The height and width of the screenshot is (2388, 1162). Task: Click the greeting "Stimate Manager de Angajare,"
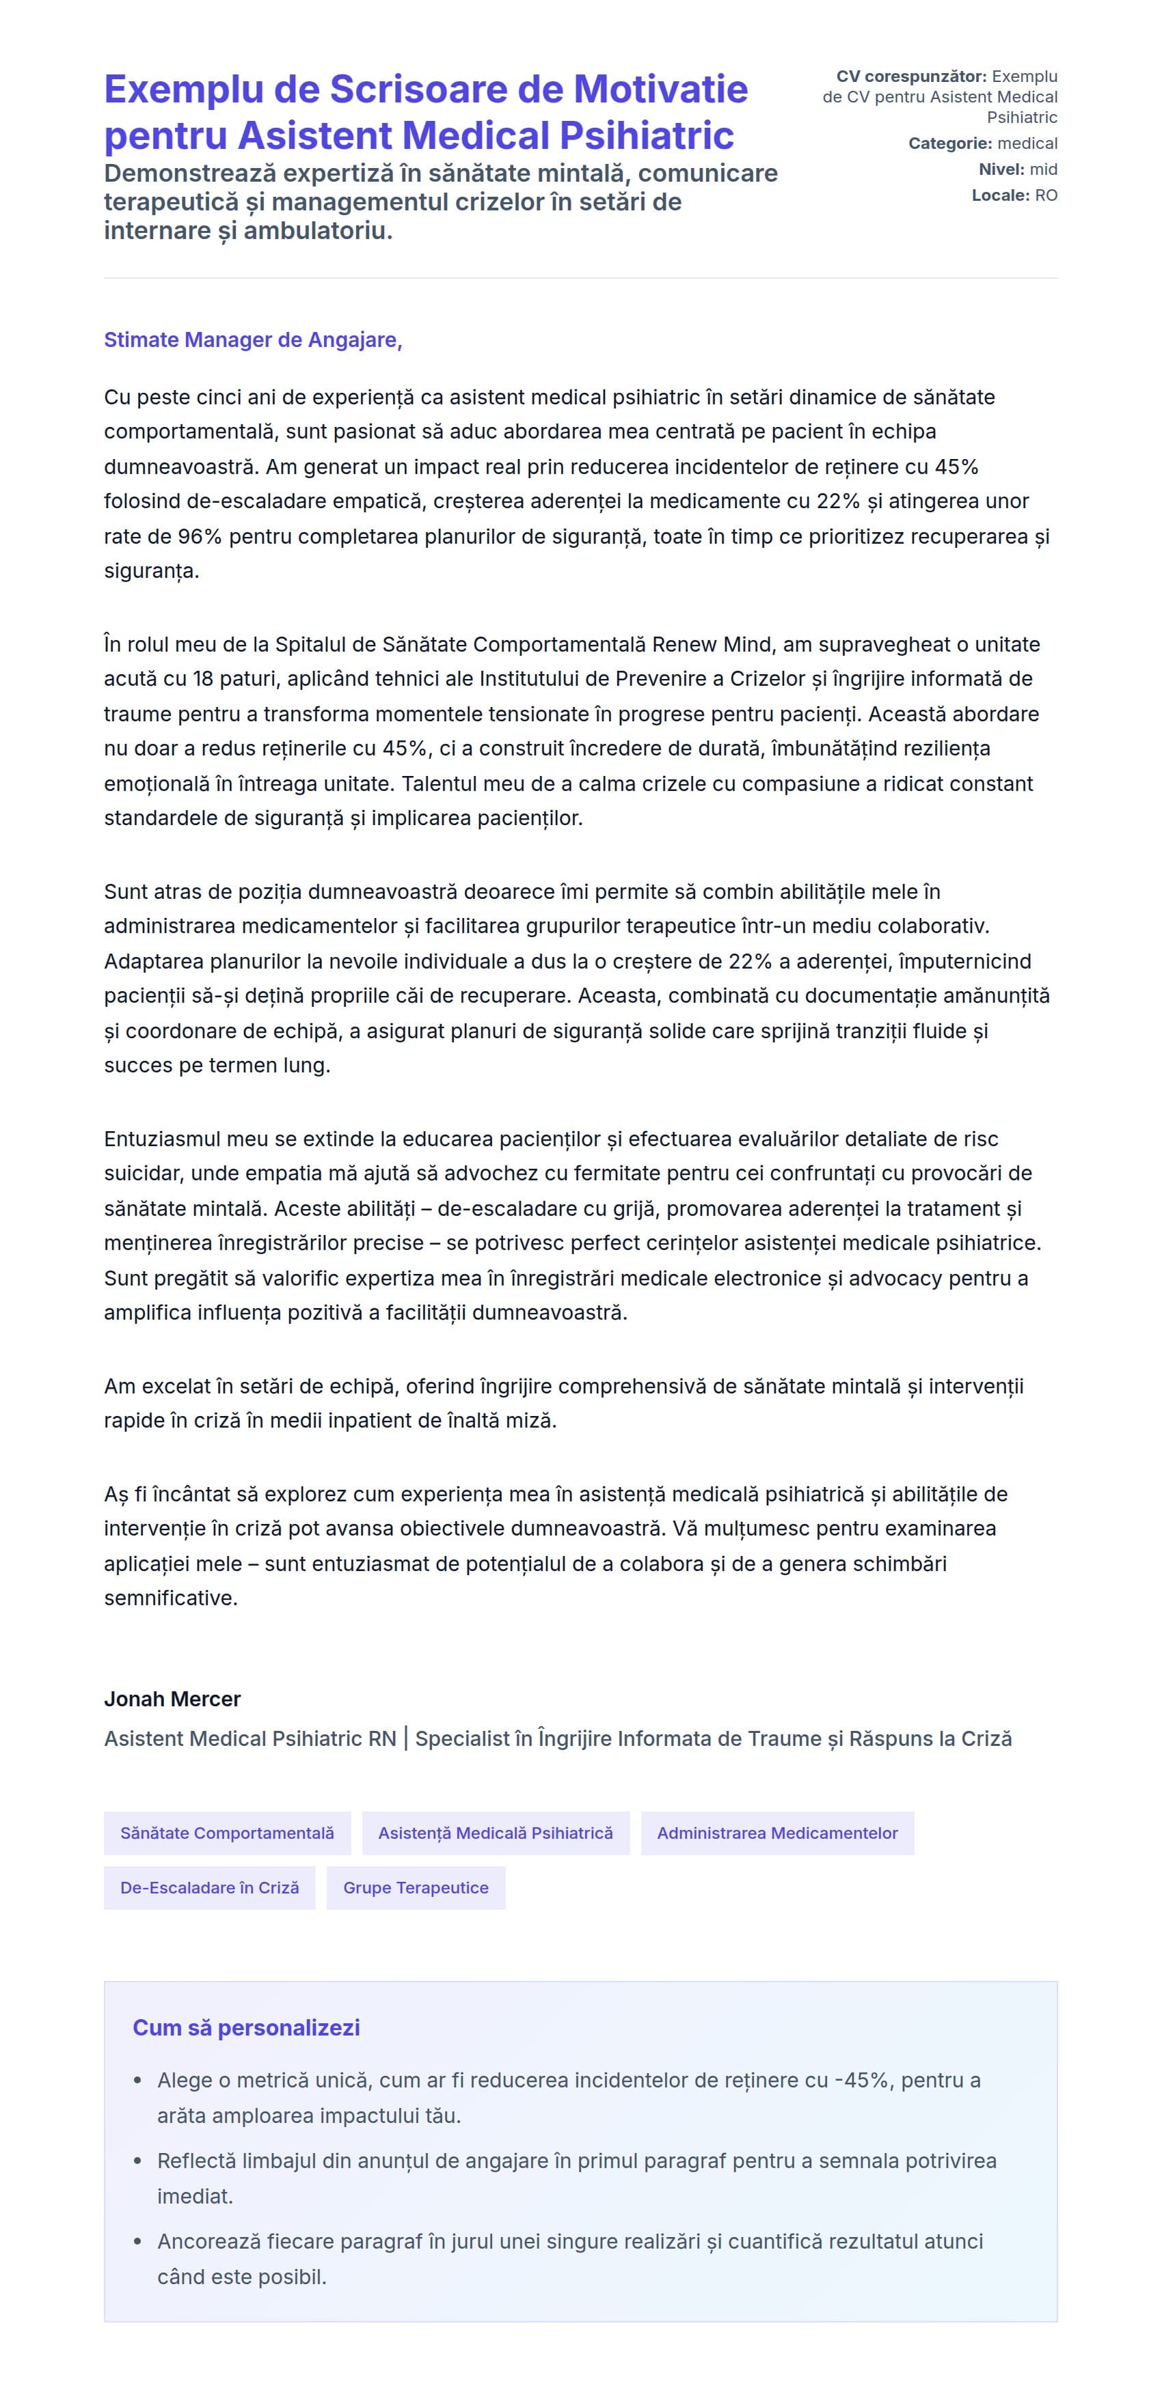pos(252,340)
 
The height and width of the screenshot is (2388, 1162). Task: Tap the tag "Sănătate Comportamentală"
pos(227,1833)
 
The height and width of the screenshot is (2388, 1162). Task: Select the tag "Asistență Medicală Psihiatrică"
pos(496,1833)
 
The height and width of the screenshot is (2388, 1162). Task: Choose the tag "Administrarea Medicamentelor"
pos(777,1833)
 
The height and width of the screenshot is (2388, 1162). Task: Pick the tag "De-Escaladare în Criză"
pos(210,1887)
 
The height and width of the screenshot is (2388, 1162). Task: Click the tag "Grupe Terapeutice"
pos(416,1887)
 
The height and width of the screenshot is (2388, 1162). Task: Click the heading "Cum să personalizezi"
pos(246,2027)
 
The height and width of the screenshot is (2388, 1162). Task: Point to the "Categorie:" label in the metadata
pos(949,143)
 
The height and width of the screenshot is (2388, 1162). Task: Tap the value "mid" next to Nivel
pos(1043,169)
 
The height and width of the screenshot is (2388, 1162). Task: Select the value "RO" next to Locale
pos(1046,195)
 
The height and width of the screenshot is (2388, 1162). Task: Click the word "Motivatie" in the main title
pos(660,90)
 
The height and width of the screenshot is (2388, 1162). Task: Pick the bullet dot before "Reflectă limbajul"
pos(137,2161)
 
